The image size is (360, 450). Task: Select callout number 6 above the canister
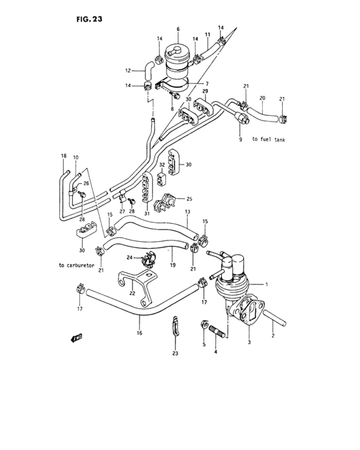coord(178,29)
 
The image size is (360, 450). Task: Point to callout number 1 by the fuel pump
coord(276,284)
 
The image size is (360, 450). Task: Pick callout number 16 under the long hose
coord(139,334)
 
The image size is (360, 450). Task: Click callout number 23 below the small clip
coord(175,353)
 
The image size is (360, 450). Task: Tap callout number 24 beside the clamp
coord(129,258)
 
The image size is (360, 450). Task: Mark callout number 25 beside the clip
coord(190,199)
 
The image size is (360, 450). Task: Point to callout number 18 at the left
coord(64,156)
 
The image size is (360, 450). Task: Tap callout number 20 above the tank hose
coord(262,98)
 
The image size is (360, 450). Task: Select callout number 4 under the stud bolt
coord(215,352)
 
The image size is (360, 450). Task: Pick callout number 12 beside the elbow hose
coord(127,71)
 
